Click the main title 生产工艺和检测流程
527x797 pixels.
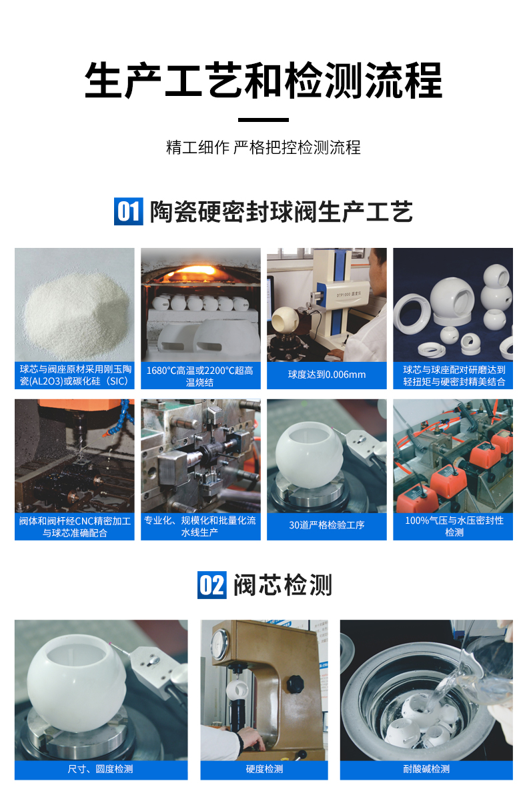[263, 81]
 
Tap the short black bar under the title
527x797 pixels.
[263, 121]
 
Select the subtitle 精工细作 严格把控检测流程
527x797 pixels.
[263, 147]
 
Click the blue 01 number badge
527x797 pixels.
[128, 211]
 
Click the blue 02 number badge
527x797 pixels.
[212, 585]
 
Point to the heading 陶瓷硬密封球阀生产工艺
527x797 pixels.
[281, 211]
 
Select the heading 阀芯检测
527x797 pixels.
[282, 585]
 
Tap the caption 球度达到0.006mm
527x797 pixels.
[326, 375]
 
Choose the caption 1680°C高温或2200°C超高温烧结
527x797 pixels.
[200, 376]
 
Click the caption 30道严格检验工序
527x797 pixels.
[326, 525]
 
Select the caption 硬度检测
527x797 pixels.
[264, 769]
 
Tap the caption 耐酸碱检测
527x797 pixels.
[426, 769]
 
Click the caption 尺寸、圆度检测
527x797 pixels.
[101, 769]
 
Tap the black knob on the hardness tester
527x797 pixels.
[294, 684]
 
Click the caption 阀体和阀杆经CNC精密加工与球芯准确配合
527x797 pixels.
[75, 526]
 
